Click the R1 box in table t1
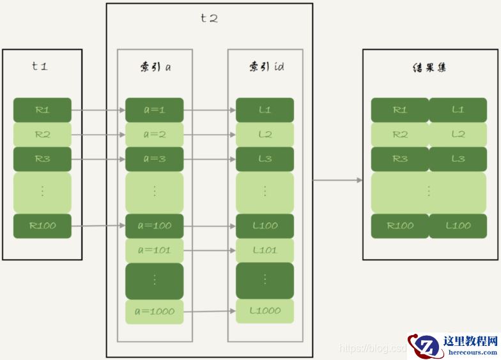[42, 110]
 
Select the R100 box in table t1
[42, 226]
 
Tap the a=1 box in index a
[154, 110]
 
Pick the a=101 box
[154, 250]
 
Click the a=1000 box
[154, 311]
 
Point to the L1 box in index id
[265, 110]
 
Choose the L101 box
[265, 250]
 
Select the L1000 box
[265, 311]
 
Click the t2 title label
[209, 19]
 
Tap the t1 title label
[40, 66]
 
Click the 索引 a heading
[155, 67]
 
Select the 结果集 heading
[428, 67]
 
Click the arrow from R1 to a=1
[98, 110]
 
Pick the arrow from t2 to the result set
[337, 180]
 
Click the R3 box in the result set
[400, 159]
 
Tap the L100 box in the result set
[458, 226]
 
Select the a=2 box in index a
[154, 134]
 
